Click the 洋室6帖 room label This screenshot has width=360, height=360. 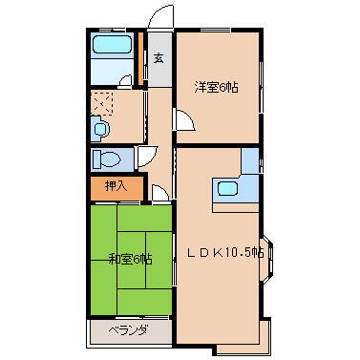[217, 88]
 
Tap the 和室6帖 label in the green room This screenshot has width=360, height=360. [129, 258]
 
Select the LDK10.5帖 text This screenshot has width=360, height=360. [224, 253]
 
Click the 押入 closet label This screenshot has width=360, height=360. [116, 186]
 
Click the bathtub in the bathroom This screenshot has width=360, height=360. [112, 48]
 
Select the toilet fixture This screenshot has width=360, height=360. [107, 159]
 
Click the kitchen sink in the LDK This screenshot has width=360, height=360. [230, 188]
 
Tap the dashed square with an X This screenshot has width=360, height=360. [102, 103]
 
